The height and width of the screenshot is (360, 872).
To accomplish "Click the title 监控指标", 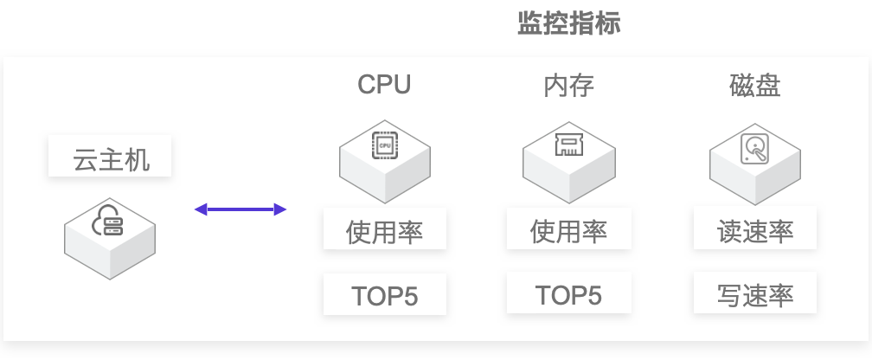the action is (x=569, y=23).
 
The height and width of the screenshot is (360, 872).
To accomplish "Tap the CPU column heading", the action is (x=384, y=85).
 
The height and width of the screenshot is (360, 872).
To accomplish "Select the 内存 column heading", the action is (x=569, y=86).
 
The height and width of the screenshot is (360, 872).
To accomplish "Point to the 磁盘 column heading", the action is (x=754, y=86).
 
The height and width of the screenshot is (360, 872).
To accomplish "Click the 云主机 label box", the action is (x=110, y=156).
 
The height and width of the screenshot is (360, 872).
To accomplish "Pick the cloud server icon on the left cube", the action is (x=107, y=221).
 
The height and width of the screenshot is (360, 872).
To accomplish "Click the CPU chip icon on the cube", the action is (x=385, y=145).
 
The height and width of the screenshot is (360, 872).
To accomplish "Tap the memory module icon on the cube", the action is (x=568, y=145).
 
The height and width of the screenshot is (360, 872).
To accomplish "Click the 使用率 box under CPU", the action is (x=385, y=228).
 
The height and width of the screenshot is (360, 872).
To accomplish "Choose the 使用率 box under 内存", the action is (x=569, y=228).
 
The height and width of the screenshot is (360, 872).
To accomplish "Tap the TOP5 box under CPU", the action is (x=385, y=294).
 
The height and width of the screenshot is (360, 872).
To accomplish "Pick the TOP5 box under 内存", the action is (x=569, y=292).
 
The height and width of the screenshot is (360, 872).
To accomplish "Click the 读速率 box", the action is (x=754, y=228).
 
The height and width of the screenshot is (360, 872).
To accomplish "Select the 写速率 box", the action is (x=754, y=292).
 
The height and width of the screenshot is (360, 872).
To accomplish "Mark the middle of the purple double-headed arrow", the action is (x=240, y=209).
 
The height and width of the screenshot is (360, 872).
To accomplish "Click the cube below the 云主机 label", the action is (x=110, y=239).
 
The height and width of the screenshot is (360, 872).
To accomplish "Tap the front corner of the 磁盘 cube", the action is (x=755, y=205).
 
